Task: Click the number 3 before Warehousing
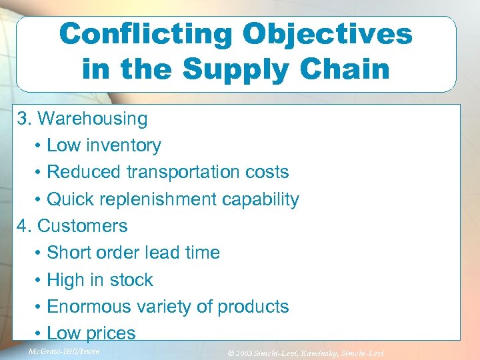tap(23, 119)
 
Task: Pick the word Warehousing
tap(93, 119)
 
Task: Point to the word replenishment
tap(164, 199)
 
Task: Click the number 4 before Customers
tap(23, 226)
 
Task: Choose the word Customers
tap(83, 226)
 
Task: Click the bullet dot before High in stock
tap(39, 280)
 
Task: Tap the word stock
tap(131, 280)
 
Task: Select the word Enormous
tap(87, 307)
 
